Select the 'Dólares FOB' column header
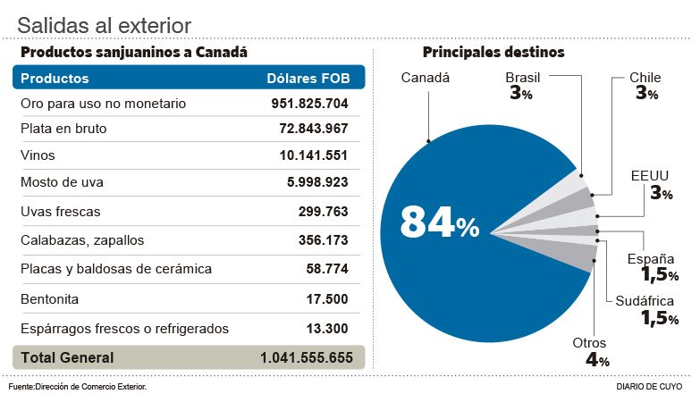308,78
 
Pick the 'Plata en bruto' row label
63,129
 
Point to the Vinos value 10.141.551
314,155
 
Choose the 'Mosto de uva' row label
62,182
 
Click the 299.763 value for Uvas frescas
324,212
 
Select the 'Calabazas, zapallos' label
82,239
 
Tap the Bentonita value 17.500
327,299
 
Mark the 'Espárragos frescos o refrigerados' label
124,329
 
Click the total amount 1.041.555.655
307,357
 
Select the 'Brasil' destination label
523,78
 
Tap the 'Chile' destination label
646,78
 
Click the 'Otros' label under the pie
589,343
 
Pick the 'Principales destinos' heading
493,53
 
